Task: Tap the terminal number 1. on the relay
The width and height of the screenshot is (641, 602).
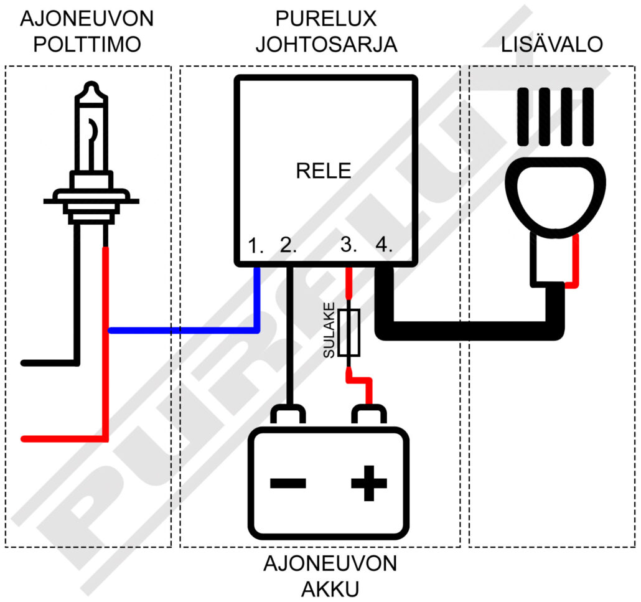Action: click(256, 245)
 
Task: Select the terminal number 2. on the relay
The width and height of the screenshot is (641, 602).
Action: click(289, 245)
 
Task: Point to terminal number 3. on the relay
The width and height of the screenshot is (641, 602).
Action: click(349, 245)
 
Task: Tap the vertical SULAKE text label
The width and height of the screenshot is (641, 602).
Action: click(329, 331)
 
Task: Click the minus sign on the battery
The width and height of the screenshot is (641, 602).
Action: click(288, 482)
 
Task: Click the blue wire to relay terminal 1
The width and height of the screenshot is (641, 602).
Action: click(187, 330)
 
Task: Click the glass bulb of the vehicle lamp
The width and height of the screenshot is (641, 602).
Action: click(91, 131)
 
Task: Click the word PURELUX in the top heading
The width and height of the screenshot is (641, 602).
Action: click(326, 19)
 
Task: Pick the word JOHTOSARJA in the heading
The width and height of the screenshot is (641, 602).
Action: click(326, 45)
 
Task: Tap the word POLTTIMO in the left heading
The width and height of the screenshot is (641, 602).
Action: click(87, 45)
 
